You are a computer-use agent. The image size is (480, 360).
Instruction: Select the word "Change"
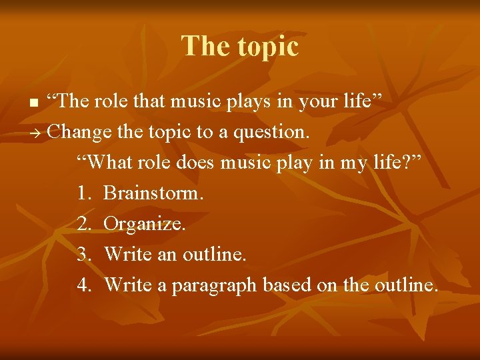(x=80, y=132)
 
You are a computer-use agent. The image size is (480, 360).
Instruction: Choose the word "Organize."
(x=145, y=224)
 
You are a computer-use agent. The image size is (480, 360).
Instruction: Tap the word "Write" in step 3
(x=128, y=254)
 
